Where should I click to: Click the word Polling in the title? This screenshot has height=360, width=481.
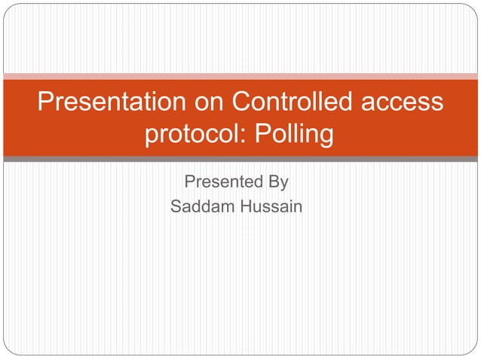295,135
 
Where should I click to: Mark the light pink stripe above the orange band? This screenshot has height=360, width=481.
240,76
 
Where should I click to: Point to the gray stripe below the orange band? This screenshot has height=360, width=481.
240,159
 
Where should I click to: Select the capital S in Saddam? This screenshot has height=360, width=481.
176,206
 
